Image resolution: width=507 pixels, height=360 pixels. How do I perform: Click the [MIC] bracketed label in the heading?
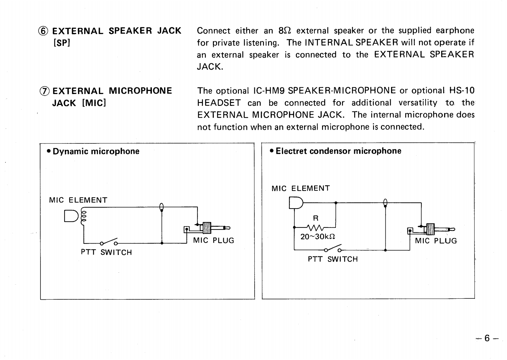click(94, 103)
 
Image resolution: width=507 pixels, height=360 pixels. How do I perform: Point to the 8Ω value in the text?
click(284, 31)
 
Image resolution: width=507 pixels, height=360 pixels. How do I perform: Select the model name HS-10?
click(462, 91)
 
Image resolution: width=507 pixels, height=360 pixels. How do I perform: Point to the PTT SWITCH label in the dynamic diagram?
click(106, 253)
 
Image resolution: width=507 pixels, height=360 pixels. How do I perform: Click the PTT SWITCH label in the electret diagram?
click(333, 259)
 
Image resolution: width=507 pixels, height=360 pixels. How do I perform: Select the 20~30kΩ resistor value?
click(318, 237)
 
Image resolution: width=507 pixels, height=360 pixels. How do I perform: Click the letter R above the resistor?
click(316, 219)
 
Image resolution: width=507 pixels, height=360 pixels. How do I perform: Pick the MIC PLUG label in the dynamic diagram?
click(214, 241)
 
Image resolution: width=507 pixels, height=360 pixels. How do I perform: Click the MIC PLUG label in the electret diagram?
click(436, 241)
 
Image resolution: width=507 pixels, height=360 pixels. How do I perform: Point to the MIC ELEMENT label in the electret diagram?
click(301, 188)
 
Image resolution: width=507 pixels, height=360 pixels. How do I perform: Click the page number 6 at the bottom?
click(487, 338)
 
